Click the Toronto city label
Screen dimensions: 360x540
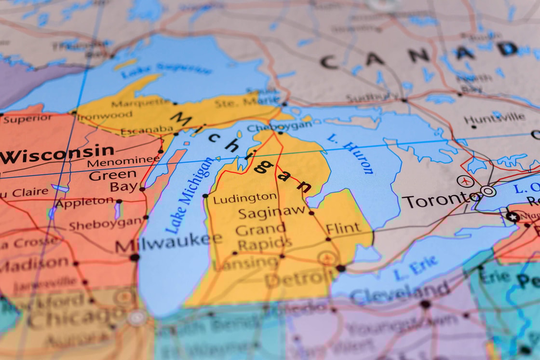(x=436, y=199)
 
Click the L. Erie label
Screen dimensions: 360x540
(x=416, y=268)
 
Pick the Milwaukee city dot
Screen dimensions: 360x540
(x=135, y=257)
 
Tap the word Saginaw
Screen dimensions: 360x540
(x=272, y=211)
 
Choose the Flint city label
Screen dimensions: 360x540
(x=343, y=228)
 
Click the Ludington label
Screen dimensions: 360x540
(x=245, y=198)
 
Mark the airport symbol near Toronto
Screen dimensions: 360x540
(x=464, y=181)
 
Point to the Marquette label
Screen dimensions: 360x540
(x=141, y=103)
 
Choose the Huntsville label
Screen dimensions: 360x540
(x=494, y=117)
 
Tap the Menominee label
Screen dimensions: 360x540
(x=123, y=162)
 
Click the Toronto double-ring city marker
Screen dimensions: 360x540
(x=488, y=191)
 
